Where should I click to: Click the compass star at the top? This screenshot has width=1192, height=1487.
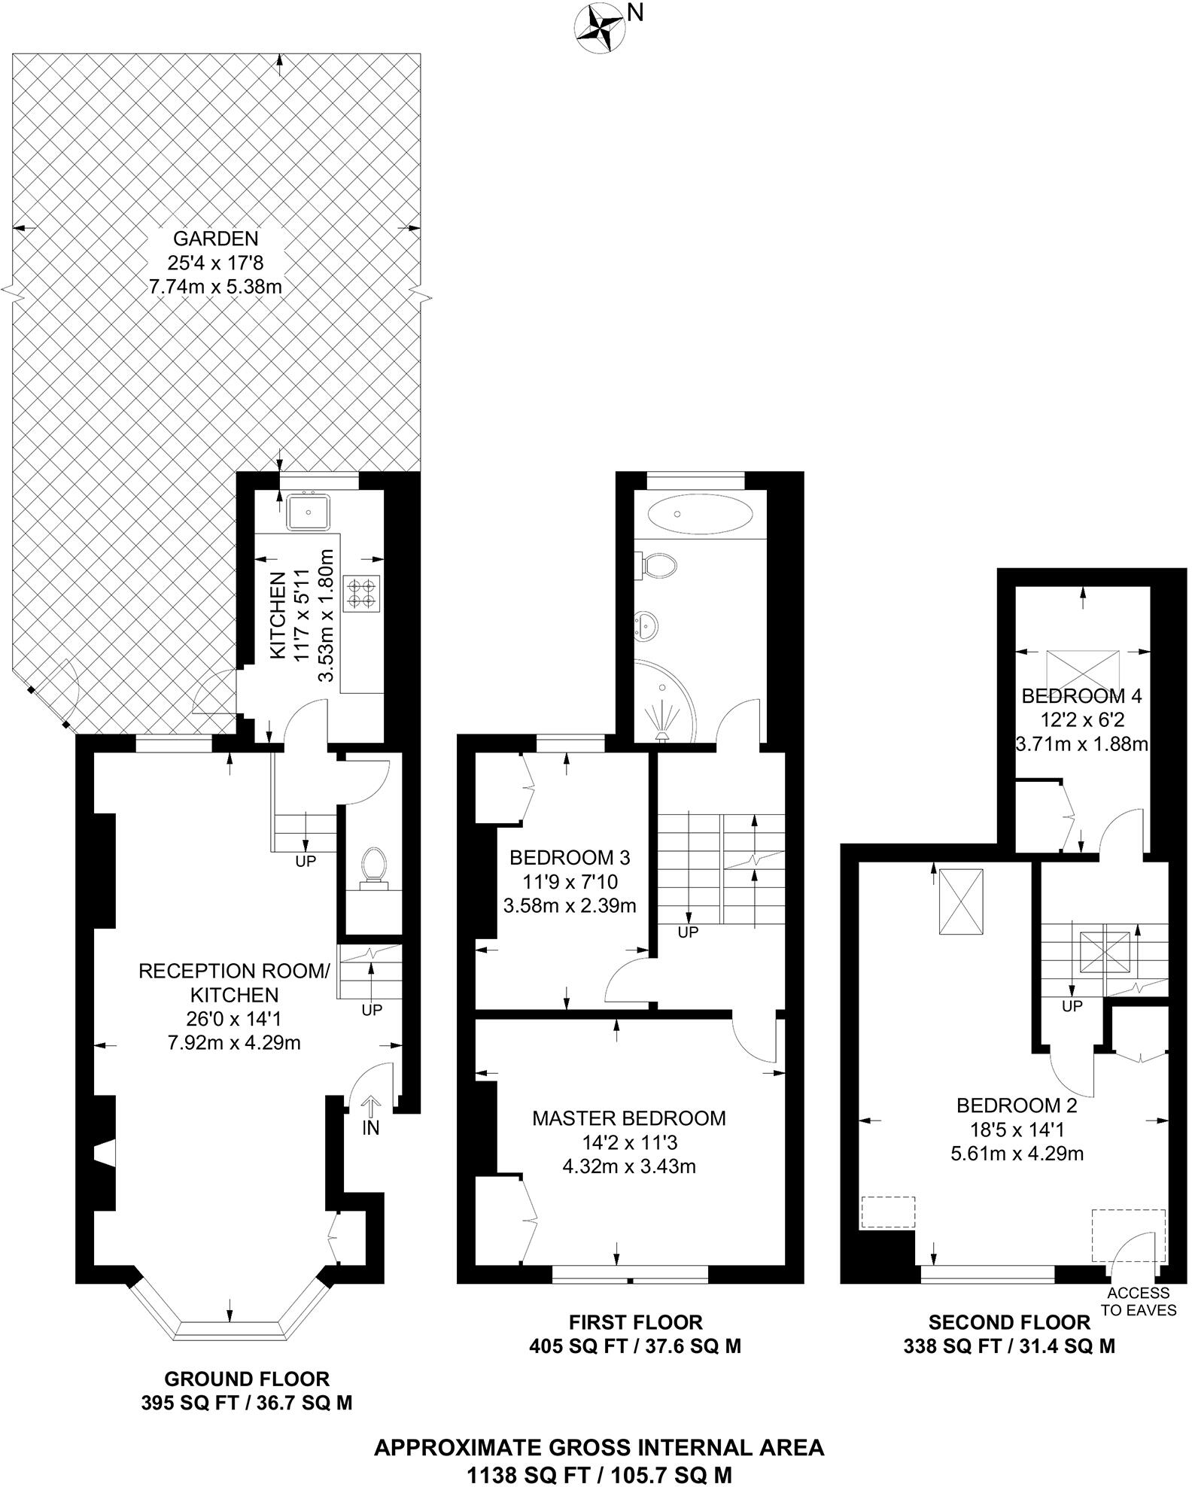coord(599,28)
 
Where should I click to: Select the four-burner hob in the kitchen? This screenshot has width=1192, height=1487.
coord(363,591)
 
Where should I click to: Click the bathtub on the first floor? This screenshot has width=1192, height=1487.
coord(699,515)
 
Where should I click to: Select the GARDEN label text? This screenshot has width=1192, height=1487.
coord(215,239)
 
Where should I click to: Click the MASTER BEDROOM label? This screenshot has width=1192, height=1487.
coord(629,1118)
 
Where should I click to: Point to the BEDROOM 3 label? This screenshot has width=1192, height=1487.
coord(570,857)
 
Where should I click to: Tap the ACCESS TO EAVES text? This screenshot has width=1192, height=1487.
coord(1139,1301)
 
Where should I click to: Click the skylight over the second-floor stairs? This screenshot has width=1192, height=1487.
coord(1104,953)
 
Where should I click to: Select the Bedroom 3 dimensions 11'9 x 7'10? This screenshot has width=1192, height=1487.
coord(570,881)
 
